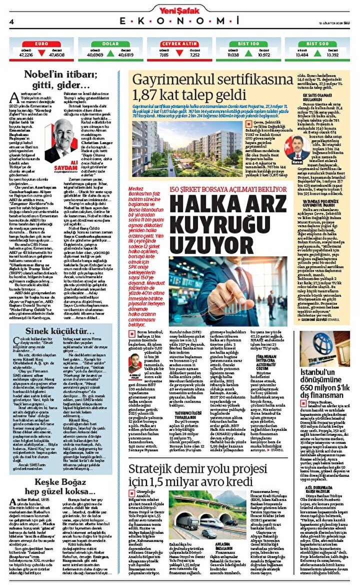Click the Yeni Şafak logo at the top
(179, 9)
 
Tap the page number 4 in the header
(11, 22)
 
